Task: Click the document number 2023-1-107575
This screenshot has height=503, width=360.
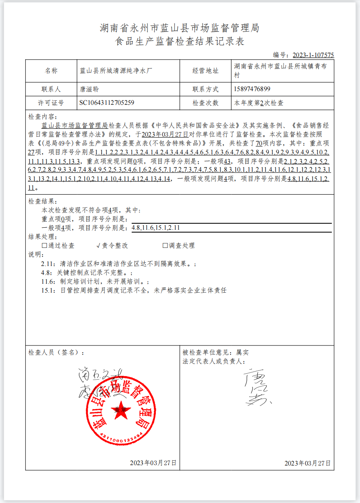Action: (313, 55)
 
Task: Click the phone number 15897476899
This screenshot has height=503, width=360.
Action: (252, 89)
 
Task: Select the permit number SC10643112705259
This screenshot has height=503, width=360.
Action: (107, 103)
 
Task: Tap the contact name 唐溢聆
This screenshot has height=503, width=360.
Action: (89, 89)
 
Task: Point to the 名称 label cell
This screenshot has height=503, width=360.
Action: (51, 71)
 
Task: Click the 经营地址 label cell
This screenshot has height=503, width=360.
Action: (205, 71)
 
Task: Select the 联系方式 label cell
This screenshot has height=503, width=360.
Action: (205, 89)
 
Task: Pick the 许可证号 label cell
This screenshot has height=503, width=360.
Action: (51, 103)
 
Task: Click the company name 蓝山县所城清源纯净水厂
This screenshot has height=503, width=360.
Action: (116, 71)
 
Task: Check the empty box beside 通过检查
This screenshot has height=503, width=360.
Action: (44, 245)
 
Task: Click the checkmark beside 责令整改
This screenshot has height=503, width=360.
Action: (98, 245)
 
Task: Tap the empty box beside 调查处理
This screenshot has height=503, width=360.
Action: (165, 245)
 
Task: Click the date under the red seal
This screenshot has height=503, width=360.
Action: (153, 463)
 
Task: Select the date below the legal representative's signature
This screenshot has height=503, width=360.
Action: (308, 463)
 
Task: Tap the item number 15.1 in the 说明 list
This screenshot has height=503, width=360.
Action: (48, 290)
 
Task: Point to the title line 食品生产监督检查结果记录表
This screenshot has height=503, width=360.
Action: (180, 42)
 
